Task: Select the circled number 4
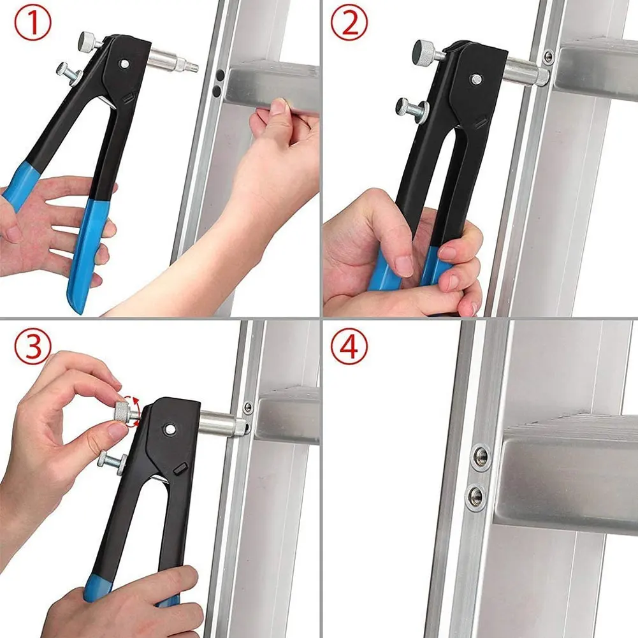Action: click(x=349, y=347)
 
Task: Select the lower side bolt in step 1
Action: click(x=68, y=69)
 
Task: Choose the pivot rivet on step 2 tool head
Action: click(x=476, y=79)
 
